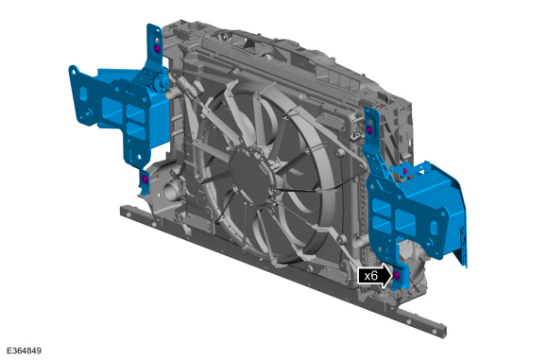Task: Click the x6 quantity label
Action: [x=370, y=276]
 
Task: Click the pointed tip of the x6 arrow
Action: [x=392, y=276]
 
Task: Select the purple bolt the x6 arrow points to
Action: [x=396, y=275]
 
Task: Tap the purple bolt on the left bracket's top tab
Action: [x=157, y=48]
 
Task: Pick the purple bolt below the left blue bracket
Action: [x=146, y=180]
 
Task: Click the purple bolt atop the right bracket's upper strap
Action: [x=369, y=129]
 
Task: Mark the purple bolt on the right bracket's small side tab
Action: [x=405, y=171]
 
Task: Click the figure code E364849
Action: [x=25, y=351]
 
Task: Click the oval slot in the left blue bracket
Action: [x=83, y=94]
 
